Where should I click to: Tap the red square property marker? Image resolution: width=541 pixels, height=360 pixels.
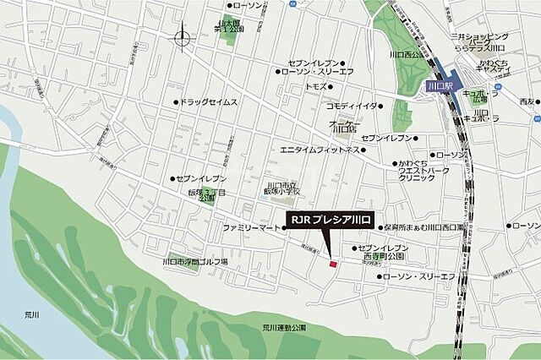[x=333, y=265]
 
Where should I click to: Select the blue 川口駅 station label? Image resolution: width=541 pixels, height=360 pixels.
[x=438, y=85]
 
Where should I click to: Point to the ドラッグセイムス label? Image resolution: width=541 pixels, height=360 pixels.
[x=209, y=103]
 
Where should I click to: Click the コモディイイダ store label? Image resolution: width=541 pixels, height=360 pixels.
[x=352, y=106]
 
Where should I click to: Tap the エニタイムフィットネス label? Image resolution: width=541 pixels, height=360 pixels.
[x=320, y=150]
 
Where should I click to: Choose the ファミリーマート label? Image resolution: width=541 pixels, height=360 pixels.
[x=250, y=228]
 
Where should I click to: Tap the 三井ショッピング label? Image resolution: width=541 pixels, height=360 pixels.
[x=479, y=38]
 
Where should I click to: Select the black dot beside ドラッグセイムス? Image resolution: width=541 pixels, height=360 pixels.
[x=176, y=103]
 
